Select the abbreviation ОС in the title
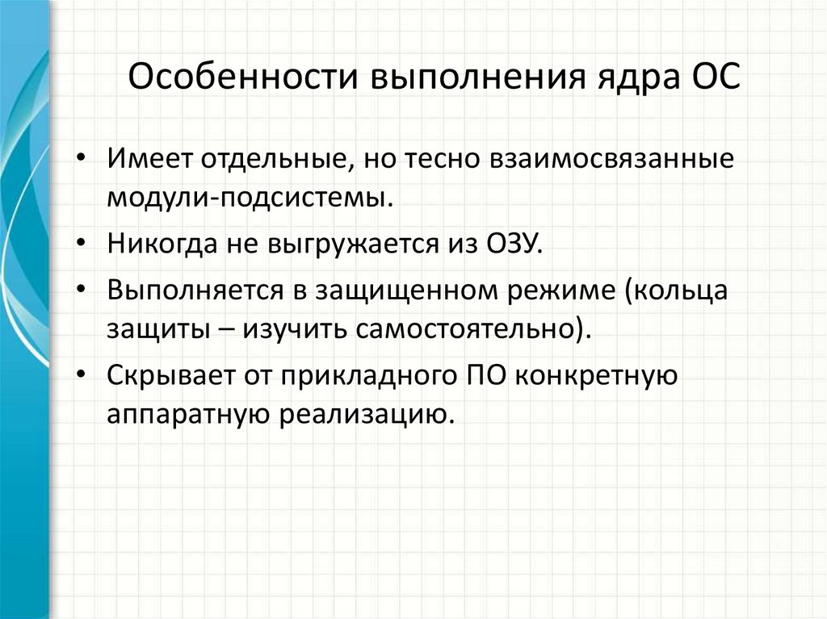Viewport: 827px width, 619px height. (711, 81)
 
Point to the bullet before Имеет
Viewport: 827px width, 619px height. (86, 157)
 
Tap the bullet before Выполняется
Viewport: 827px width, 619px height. (86, 290)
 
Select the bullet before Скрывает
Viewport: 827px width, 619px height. (86, 376)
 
